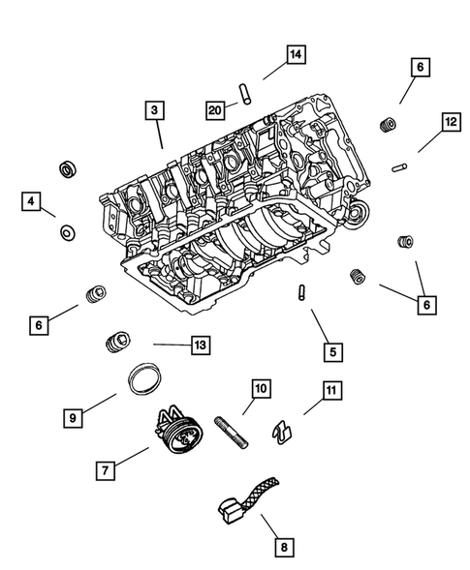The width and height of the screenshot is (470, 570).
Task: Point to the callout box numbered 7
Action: pyautogui.click(x=106, y=470)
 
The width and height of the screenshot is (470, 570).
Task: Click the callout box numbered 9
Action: pyautogui.click(x=73, y=418)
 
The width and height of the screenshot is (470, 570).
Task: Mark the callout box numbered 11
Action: pyautogui.click(x=331, y=391)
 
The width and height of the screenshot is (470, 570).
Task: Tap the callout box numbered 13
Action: pyautogui.click(x=200, y=344)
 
